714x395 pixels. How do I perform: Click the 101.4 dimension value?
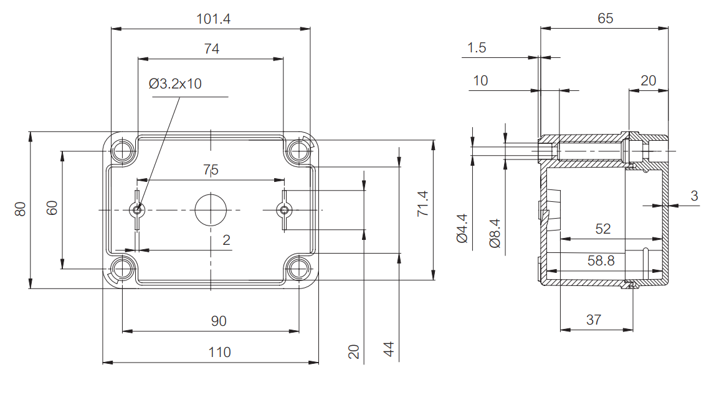(214, 19)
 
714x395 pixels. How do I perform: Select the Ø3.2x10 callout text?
(176, 83)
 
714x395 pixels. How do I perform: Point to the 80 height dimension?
(21, 209)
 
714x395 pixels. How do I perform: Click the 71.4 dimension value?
(422, 204)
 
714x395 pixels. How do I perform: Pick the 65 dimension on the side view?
(605, 18)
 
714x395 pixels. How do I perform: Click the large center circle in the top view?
(211, 209)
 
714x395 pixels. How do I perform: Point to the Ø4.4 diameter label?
(462, 228)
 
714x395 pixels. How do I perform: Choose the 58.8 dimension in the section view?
(601, 261)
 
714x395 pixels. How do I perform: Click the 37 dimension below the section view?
(594, 320)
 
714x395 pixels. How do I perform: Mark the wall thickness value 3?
(694, 196)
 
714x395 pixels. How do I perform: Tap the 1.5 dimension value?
(477, 48)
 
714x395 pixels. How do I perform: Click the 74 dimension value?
(212, 49)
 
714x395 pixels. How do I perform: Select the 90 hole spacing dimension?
(219, 321)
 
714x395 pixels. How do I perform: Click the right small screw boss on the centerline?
(284, 210)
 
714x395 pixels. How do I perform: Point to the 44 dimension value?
(389, 349)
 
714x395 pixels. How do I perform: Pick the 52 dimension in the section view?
(603, 229)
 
